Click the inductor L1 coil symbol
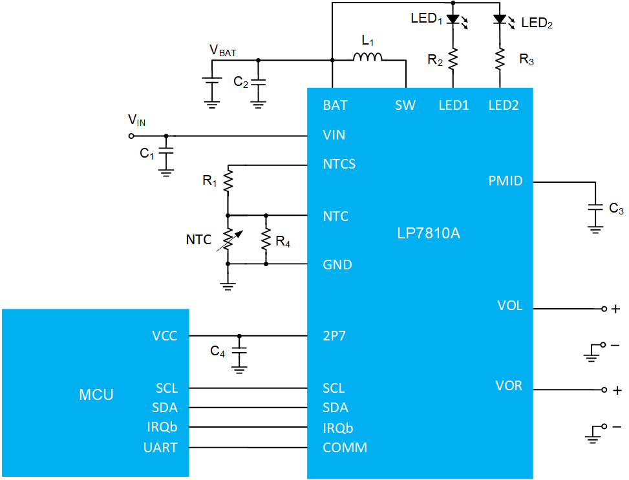[x=367, y=57]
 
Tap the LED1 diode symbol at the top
[x=453, y=19]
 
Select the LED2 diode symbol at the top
[x=500, y=19]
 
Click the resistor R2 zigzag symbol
[x=453, y=59]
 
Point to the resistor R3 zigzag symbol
[x=500, y=59]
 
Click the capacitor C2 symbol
[x=258, y=82]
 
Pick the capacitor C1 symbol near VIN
[x=166, y=151]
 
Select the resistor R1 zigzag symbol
[x=228, y=180]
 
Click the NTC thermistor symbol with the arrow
[x=228, y=240]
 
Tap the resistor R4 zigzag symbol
[x=266, y=240]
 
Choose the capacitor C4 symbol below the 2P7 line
[x=239, y=351]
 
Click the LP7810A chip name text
[x=429, y=233]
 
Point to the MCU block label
[x=96, y=395]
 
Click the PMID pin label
[x=506, y=181]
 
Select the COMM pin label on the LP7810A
[x=345, y=448]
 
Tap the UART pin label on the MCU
[x=160, y=448]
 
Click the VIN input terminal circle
[x=131, y=136]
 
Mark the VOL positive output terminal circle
[x=604, y=309]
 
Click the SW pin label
[x=405, y=105]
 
